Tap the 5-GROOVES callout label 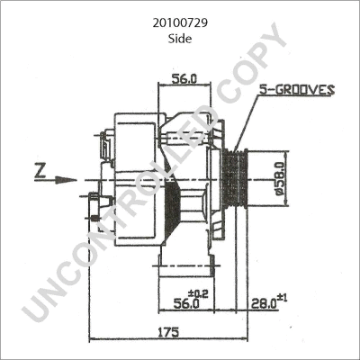[x=296, y=90]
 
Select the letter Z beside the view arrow [x=39, y=169]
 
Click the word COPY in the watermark [x=243, y=81]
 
